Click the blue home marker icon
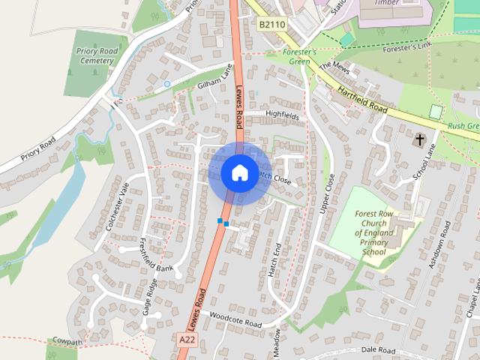(x=239, y=172)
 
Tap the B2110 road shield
(x=272, y=25)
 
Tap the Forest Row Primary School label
(x=374, y=232)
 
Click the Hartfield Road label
(x=361, y=99)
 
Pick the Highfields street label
(x=282, y=116)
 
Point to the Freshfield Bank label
(x=156, y=255)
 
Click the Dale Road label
(x=377, y=350)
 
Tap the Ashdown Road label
(x=438, y=245)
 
